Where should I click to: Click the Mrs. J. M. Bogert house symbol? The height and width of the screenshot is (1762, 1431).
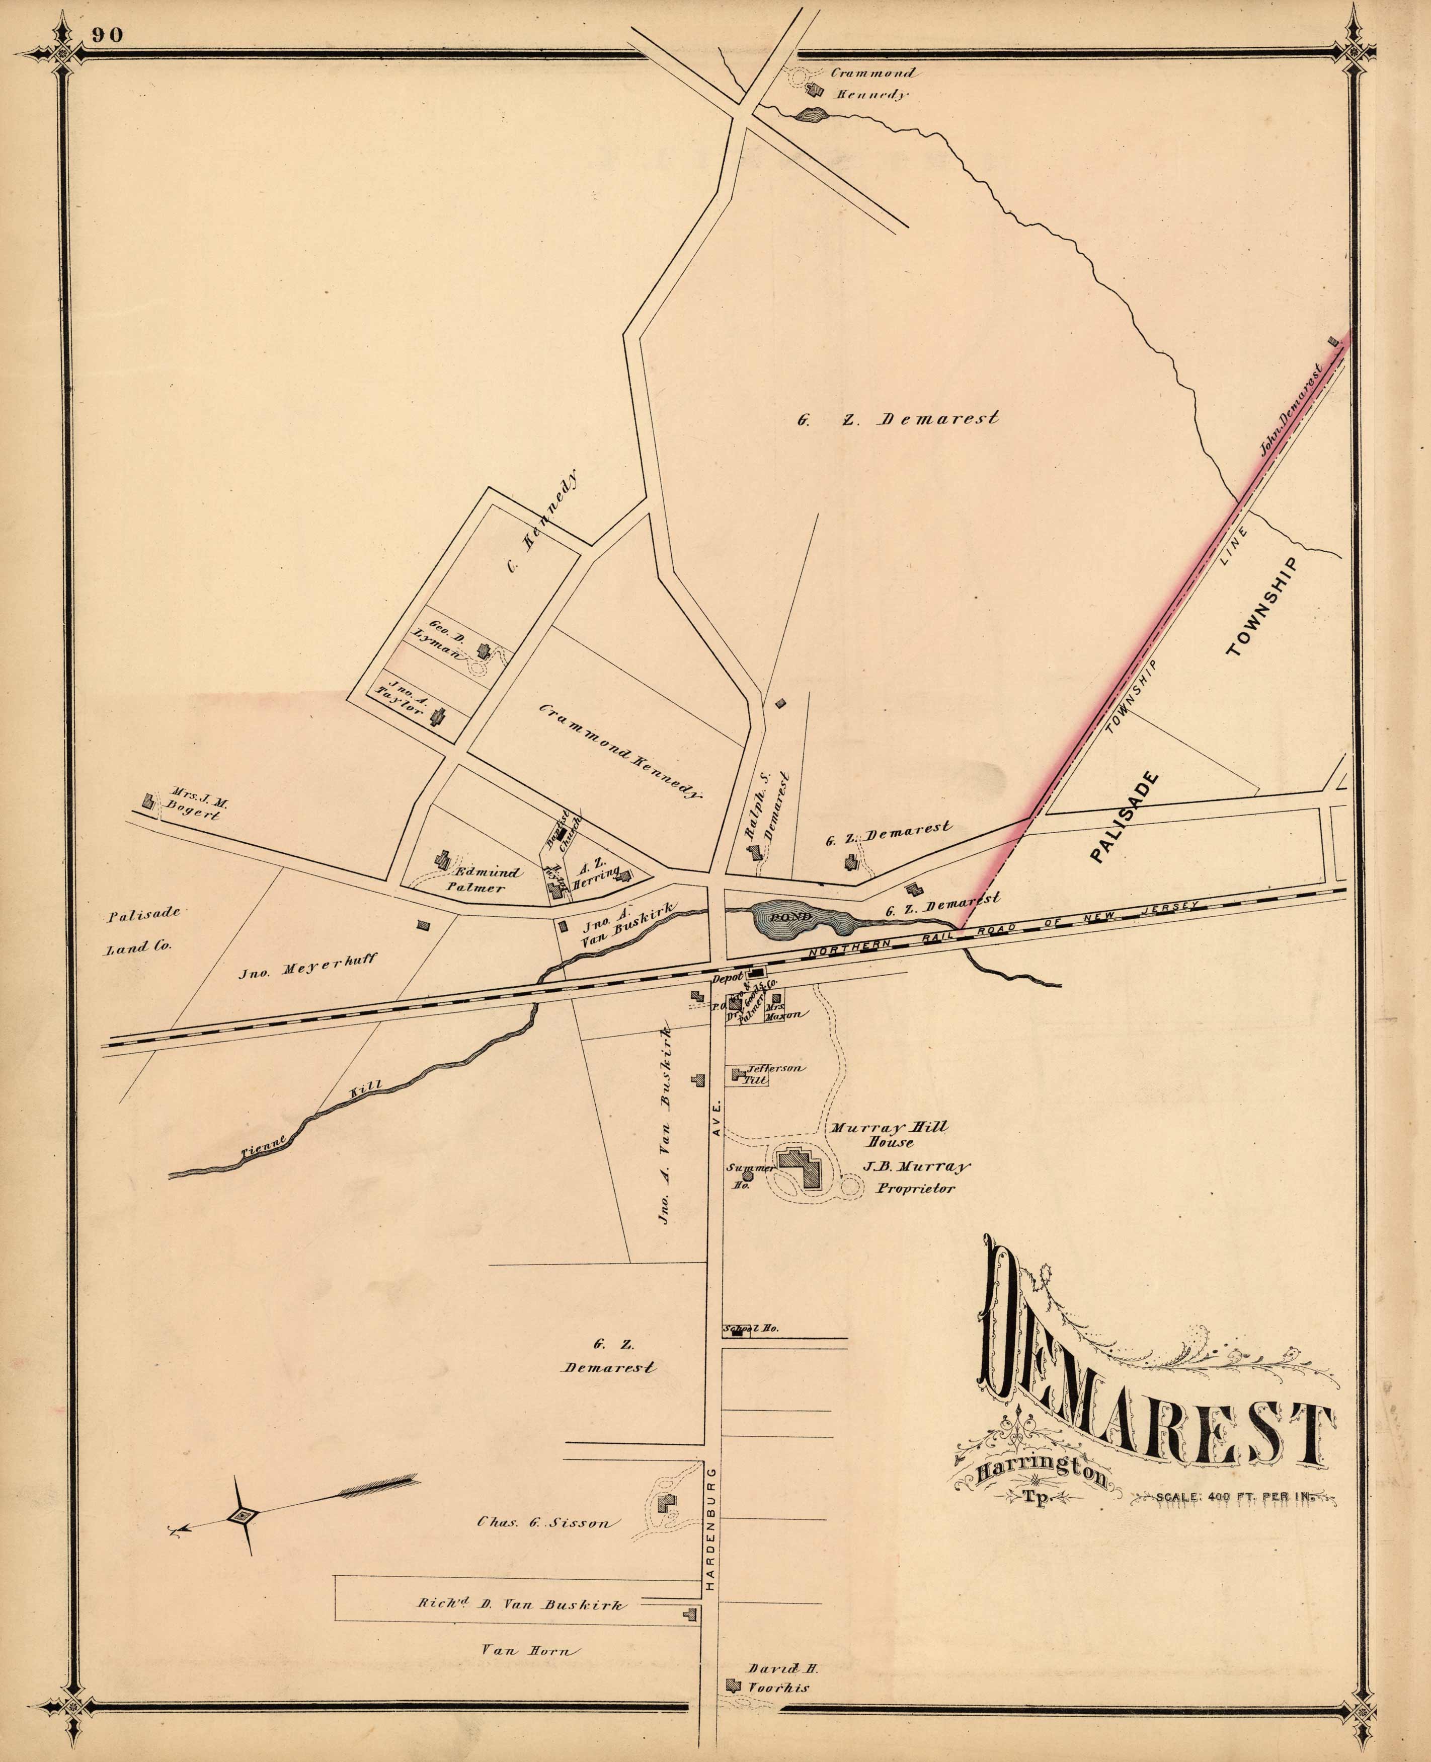(148, 800)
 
